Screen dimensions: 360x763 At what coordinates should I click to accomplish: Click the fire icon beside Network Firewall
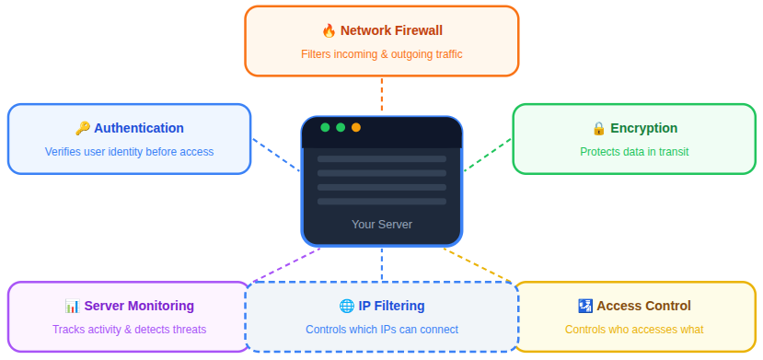[329, 31]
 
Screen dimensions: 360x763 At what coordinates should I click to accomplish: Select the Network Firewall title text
[391, 31]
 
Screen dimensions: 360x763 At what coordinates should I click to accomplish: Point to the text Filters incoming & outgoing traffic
[381, 54]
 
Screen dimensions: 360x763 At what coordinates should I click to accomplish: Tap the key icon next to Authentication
[82, 129]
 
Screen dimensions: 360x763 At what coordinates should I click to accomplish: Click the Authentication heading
[139, 129]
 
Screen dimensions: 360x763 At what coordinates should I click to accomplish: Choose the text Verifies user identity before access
[129, 152]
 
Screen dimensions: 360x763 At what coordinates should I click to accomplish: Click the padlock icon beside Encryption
[598, 129]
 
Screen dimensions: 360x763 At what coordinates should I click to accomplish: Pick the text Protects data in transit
[634, 152]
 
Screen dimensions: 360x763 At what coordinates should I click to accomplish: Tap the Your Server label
[382, 225]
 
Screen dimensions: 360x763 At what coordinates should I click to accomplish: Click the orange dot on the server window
[356, 127]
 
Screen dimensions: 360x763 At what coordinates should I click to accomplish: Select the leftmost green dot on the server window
[325, 127]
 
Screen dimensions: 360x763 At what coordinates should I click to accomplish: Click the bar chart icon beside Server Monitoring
[72, 307]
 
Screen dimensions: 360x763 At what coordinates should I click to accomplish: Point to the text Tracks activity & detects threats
[129, 330]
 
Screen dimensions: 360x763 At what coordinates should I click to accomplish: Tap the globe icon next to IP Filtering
[346, 307]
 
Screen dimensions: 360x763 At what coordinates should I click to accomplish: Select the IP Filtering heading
[391, 307]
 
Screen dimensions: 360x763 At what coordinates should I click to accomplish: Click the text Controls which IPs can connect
[381, 330]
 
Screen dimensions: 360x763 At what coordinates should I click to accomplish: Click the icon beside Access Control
[584, 307]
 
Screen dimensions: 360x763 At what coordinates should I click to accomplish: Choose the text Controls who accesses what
[634, 330]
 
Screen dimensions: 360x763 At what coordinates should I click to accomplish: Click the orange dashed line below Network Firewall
[382, 94]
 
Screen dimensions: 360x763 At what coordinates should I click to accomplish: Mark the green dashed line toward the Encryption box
[488, 155]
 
